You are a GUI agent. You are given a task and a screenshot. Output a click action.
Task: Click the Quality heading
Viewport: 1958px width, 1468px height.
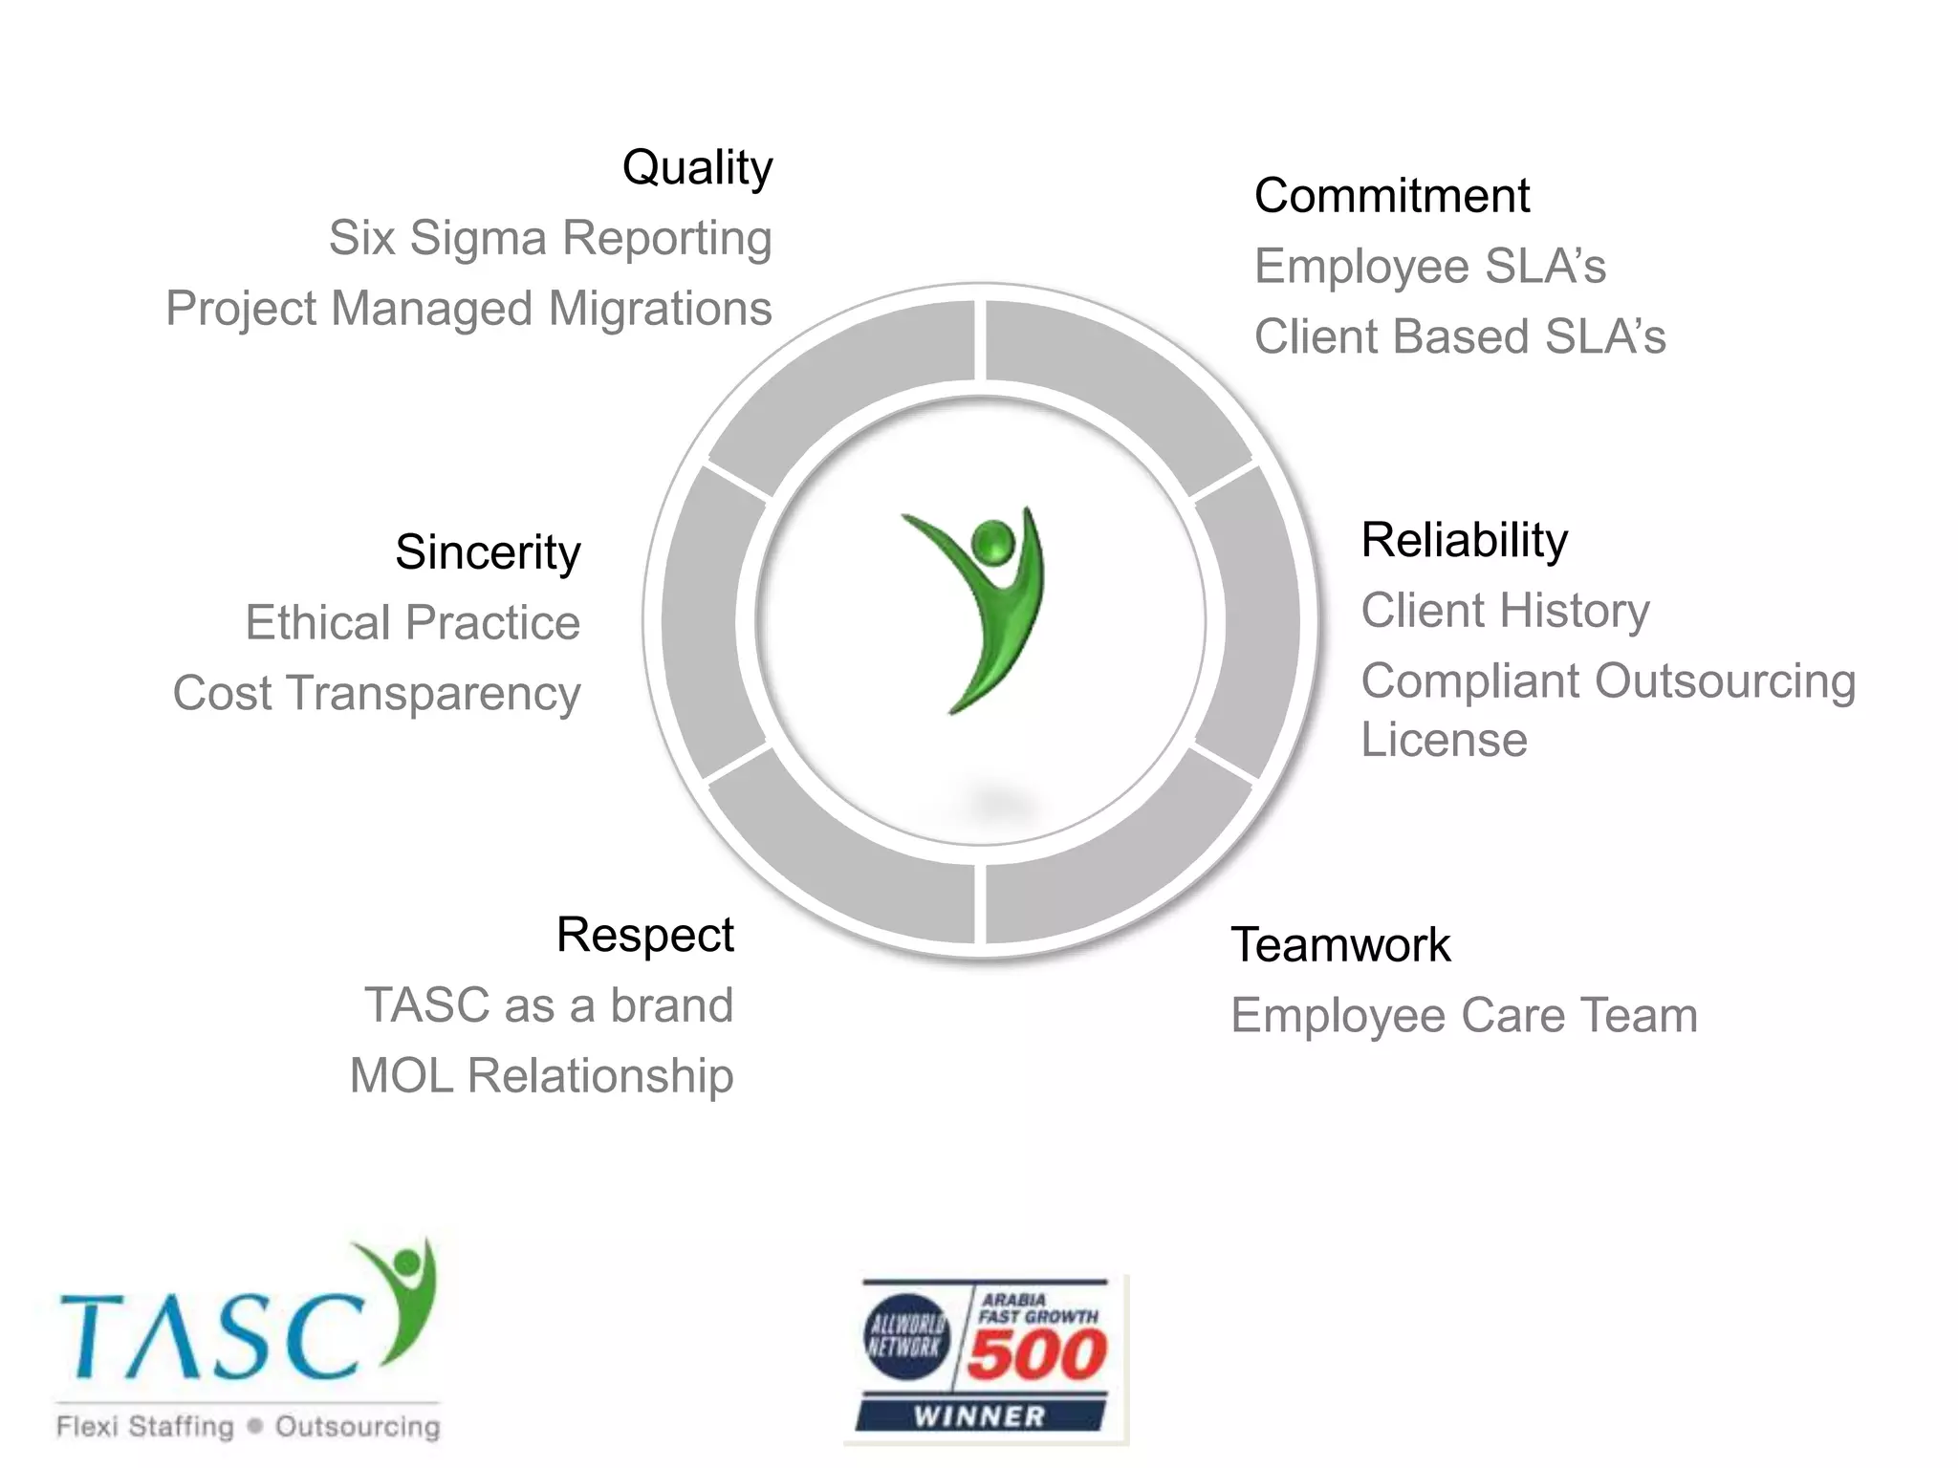coord(697,169)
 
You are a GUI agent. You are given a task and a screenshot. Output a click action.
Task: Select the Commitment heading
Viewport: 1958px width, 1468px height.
coord(1391,196)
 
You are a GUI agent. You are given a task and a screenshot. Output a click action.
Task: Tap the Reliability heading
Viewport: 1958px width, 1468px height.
coord(1464,540)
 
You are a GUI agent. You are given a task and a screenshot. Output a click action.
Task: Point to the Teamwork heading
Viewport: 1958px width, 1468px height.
coord(1340,945)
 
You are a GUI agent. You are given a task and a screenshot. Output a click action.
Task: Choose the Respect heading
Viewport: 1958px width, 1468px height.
coord(644,935)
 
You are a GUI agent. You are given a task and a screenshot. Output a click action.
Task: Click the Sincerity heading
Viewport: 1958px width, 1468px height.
coord(488,552)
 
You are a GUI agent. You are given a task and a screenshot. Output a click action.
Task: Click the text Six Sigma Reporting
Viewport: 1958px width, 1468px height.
coord(550,238)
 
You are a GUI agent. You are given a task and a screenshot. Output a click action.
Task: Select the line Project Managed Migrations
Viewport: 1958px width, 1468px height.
coord(468,309)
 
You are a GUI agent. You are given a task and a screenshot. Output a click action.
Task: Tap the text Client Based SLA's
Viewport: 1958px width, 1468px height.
coord(1460,337)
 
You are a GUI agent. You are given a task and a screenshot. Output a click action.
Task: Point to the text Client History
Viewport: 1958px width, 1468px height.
coord(1505,611)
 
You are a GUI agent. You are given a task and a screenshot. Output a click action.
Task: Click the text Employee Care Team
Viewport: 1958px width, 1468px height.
coord(1464,1015)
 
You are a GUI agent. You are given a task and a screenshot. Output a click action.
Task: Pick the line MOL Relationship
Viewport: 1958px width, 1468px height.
coord(541,1076)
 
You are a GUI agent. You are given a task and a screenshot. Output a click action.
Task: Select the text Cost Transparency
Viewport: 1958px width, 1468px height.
coord(377,694)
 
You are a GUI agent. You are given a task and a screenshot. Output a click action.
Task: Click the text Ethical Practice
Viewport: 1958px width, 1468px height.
coord(412,623)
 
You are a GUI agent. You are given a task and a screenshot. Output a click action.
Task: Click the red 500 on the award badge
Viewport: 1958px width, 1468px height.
coord(1036,1354)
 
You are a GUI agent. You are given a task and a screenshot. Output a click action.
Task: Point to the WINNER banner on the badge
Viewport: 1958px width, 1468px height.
coord(980,1415)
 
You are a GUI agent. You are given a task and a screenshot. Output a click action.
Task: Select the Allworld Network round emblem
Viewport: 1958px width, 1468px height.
coord(906,1336)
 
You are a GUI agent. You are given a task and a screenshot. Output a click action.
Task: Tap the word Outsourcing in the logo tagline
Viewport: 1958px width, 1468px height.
coord(358,1427)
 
